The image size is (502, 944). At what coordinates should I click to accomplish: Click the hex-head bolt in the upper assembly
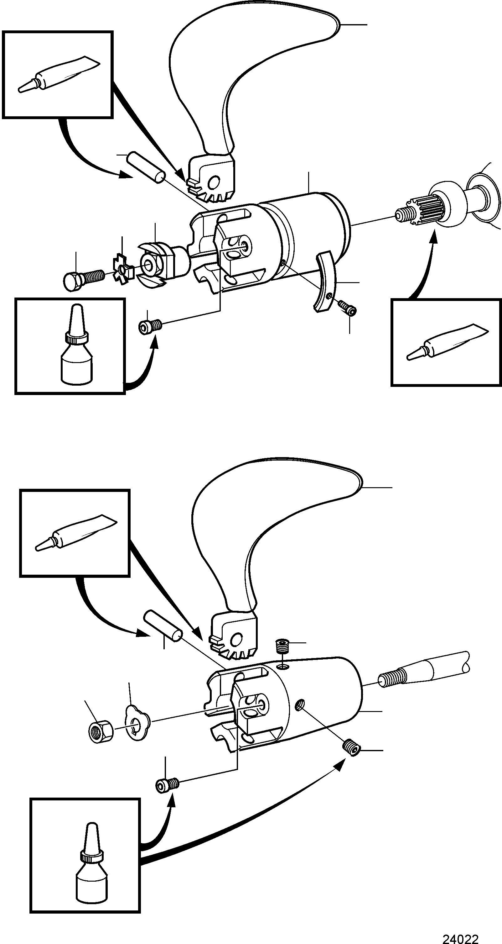[84, 281]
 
